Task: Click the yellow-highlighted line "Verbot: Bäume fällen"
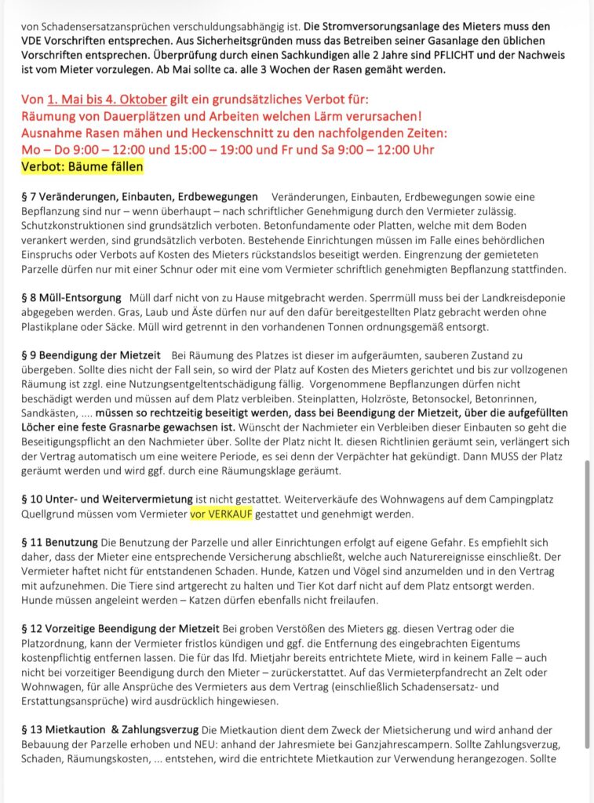82,166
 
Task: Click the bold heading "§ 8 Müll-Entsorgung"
71,298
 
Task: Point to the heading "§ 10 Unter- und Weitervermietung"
108,499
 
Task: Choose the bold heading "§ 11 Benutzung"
60,542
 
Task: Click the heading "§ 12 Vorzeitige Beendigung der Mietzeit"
122,629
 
